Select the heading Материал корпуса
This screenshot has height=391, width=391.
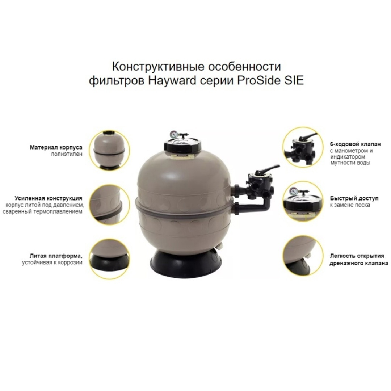click(x=56, y=147)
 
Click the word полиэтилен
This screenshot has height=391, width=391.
click(x=67, y=154)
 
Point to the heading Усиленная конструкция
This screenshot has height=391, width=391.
click(x=49, y=198)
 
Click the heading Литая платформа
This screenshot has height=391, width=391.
click(x=56, y=256)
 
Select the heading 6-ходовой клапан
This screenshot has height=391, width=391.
click(x=356, y=144)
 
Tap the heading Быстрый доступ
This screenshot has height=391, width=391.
click(x=354, y=198)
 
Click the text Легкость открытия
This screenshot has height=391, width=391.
click(x=357, y=256)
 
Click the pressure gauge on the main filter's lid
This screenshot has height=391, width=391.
click(x=173, y=134)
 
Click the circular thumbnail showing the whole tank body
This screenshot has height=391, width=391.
click(x=109, y=151)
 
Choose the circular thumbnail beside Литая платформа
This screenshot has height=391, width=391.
click(x=109, y=259)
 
